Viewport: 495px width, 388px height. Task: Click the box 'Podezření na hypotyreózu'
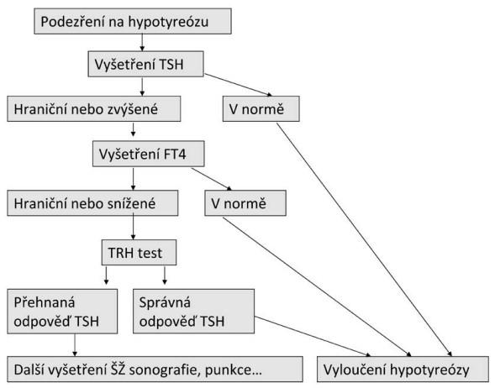click(x=133, y=22)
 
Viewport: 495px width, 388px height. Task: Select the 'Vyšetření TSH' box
click(x=145, y=64)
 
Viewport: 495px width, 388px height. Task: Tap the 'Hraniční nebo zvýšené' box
click(x=94, y=109)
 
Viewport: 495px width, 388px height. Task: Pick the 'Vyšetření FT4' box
click(x=149, y=154)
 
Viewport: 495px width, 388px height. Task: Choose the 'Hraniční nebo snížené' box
click(x=92, y=203)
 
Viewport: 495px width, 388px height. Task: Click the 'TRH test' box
click(x=139, y=252)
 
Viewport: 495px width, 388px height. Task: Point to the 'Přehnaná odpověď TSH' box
click(x=62, y=312)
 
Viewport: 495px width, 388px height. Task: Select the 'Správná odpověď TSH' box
click(x=193, y=312)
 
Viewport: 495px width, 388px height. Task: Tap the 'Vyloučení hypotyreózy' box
click(x=403, y=370)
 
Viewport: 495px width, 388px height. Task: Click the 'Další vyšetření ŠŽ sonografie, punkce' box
click(x=155, y=370)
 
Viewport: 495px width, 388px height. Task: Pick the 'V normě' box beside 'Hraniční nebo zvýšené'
click(x=261, y=109)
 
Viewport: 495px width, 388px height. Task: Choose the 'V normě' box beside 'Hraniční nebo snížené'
click(x=245, y=203)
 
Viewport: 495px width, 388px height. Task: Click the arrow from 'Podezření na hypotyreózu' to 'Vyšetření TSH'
click(x=142, y=43)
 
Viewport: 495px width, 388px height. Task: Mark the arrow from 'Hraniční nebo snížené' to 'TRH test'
click(x=133, y=228)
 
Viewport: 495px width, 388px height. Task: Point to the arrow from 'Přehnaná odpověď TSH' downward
click(x=75, y=345)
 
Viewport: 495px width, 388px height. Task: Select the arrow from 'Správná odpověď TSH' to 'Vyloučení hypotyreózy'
click(x=313, y=337)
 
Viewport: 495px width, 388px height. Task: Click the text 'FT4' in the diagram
click(x=175, y=155)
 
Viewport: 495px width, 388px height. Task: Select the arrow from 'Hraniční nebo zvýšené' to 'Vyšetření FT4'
click(x=133, y=129)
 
